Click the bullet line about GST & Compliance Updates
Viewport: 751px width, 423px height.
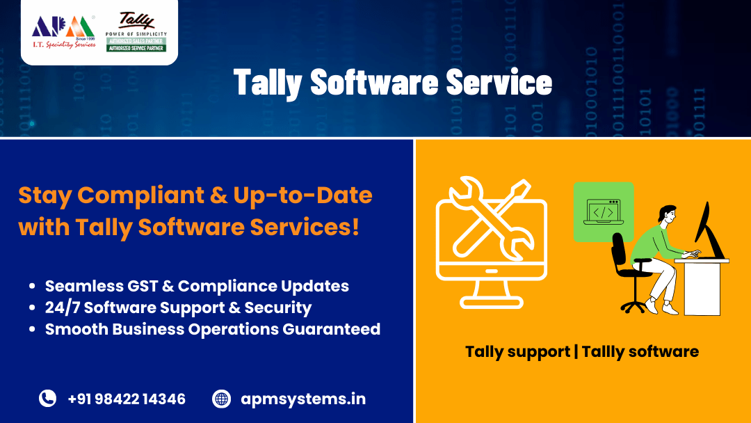(197, 286)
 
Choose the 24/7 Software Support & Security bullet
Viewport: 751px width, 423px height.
(178, 307)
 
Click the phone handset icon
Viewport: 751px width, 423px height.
(47, 399)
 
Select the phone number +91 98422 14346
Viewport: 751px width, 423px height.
(127, 399)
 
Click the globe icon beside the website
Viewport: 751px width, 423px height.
(221, 399)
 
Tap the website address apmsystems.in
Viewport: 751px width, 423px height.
(303, 399)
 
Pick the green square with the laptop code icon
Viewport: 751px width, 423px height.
(603, 211)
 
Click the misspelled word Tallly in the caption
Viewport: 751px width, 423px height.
(605, 351)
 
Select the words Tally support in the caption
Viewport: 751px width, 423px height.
(517, 351)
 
